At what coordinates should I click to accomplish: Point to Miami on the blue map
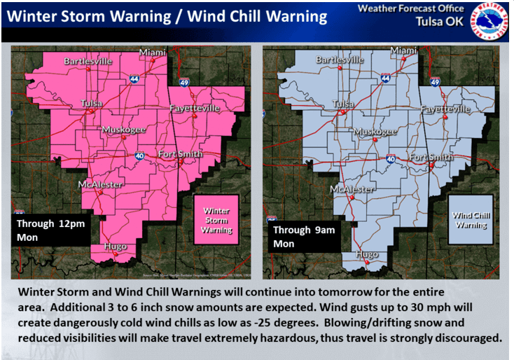pyautogui.click(x=404, y=51)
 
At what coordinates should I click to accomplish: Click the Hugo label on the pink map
pyautogui.click(x=115, y=247)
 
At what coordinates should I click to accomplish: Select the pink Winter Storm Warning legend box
pyautogui.click(x=216, y=220)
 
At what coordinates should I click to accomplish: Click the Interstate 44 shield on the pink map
pyautogui.click(x=133, y=79)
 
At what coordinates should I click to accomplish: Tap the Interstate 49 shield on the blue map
pyautogui.click(x=435, y=82)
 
